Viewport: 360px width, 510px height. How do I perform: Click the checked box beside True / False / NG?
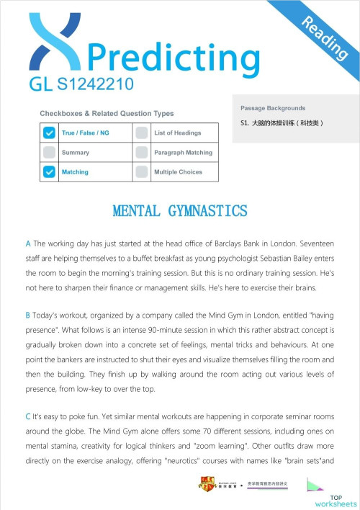pos(49,133)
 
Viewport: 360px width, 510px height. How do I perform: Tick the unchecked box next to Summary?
pos(49,152)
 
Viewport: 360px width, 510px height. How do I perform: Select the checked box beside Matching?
pos(49,171)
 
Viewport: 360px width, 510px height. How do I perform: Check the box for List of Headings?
pos(142,133)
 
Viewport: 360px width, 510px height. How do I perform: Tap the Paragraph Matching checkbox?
pos(142,152)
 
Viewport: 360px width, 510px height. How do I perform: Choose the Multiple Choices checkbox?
pos(142,171)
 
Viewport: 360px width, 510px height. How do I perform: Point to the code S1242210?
pos(95,85)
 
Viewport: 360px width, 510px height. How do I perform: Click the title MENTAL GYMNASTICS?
pos(180,210)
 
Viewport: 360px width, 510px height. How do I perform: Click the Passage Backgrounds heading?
pos(273,108)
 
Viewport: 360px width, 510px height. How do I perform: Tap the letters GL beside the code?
pos(41,85)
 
